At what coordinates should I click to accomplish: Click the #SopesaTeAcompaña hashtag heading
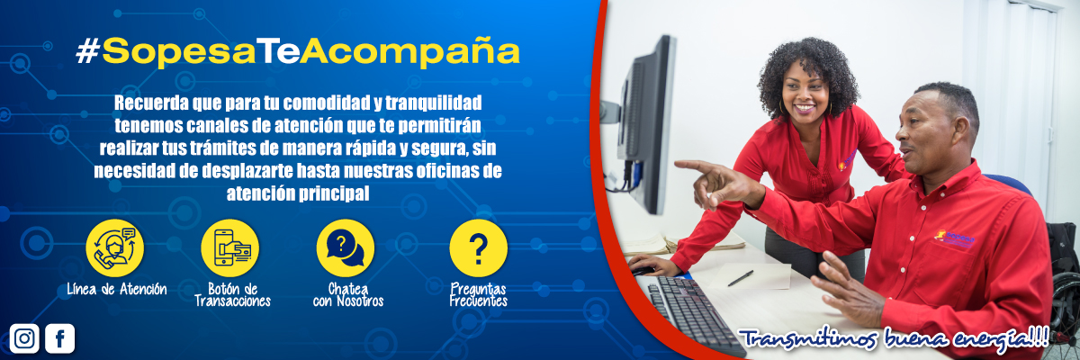298,51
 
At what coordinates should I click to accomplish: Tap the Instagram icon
24,338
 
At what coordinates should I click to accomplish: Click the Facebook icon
59,338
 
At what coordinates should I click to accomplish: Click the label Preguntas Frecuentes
478,294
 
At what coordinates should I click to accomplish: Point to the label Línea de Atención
116,289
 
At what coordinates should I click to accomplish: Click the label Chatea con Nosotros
348,294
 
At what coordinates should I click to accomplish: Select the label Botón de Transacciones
232,294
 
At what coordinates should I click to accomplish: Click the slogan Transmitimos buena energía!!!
894,339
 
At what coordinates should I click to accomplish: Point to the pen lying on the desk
741,278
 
